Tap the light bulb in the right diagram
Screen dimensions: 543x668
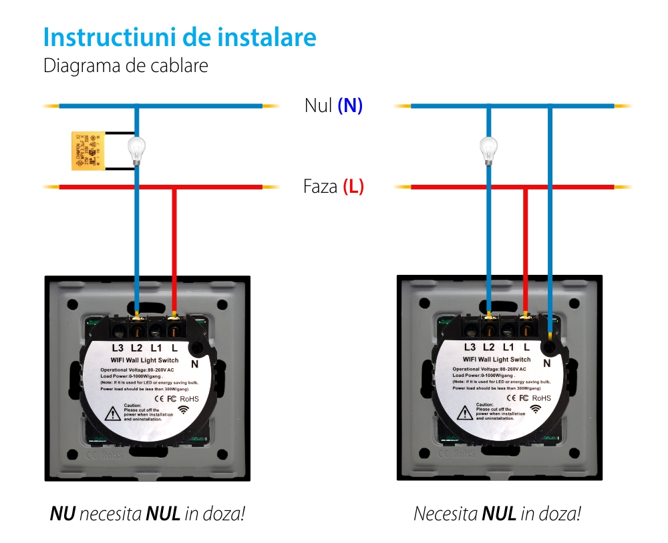tap(489, 150)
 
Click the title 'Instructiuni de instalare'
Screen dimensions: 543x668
tap(180, 37)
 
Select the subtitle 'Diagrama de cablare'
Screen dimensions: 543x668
tap(126, 66)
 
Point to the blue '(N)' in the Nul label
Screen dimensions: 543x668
tap(350, 105)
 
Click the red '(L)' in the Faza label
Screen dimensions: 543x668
tap(353, 186)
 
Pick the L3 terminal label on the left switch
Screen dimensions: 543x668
tap(118, 348)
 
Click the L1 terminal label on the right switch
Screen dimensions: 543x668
tap(508, 347)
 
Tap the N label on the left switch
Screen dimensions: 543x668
tap(195, 364)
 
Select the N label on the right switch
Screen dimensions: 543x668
tap(547, 364)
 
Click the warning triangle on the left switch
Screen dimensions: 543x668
tap(112, 414)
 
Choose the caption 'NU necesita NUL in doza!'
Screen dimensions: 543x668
tap(147, 514)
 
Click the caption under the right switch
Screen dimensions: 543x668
tap(497, 514)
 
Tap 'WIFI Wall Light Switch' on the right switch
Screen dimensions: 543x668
tap(493, 360)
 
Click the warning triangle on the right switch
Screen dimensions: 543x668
tap(464, 414)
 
